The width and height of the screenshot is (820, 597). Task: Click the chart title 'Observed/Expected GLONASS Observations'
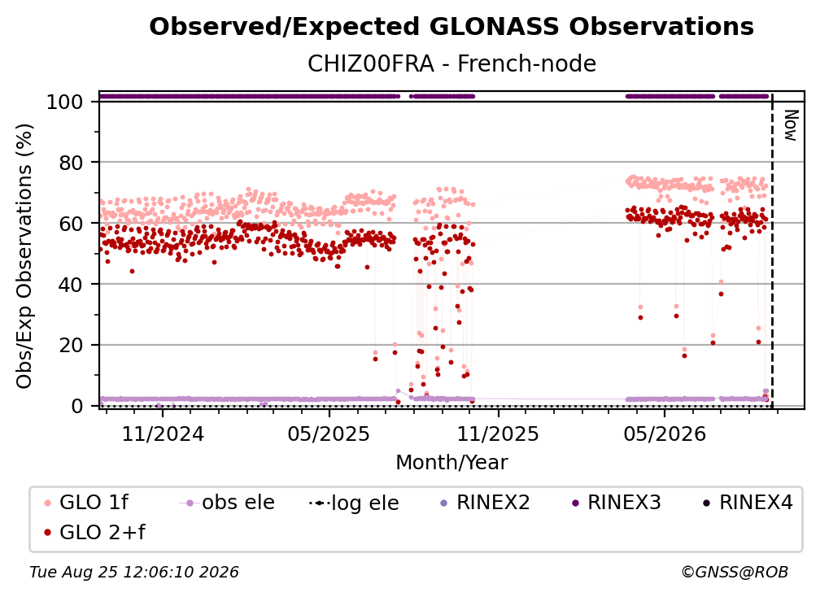pos(451,27)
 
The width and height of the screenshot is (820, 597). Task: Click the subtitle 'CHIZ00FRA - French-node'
pos(451,63)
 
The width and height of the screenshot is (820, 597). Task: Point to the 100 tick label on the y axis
pos(64,102)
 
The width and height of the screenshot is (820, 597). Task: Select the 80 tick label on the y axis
pos(71,163)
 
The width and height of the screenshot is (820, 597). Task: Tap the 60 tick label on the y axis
pos(71,223)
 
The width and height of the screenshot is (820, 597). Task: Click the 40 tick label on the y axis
pos(71,285)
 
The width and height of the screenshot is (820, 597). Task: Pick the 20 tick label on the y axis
pos(71,345)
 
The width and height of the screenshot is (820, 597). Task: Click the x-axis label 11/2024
pos(163,434)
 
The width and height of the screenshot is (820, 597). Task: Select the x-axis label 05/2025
pos(329,434)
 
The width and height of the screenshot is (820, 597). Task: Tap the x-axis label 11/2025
pos(498,434)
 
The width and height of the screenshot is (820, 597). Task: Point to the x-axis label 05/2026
pos(664,434)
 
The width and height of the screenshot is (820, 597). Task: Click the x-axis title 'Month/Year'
pos(451,463)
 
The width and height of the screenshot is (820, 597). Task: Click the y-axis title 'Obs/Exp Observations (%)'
pos(24,255)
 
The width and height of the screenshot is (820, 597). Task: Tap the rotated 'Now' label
pos(791,125)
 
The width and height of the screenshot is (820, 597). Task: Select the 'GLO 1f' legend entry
pos(86,503)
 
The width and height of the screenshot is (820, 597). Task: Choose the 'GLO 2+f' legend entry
pos(94,532)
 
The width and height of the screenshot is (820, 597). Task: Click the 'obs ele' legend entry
pos(227,503)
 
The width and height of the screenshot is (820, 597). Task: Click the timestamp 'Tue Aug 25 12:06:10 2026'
pos(134,573)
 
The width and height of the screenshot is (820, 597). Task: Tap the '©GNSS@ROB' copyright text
pos(735,573)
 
